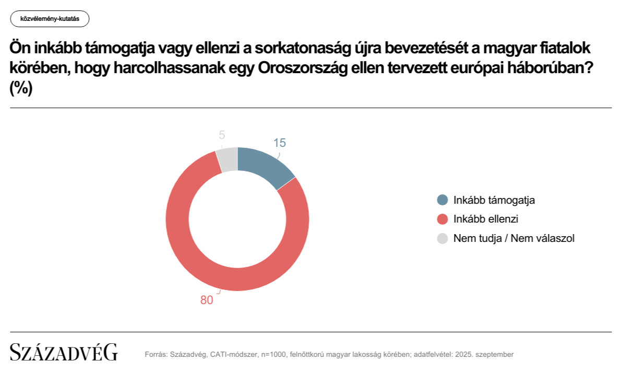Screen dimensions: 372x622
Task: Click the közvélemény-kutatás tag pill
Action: [50, 19]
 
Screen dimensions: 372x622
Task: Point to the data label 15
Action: [280, 143]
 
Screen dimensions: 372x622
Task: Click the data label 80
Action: [207, 300]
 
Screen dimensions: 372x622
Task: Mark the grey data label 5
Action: [222, 135]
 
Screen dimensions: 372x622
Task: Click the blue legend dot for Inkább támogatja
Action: [442, 200]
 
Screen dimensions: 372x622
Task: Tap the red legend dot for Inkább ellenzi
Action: [442, 219]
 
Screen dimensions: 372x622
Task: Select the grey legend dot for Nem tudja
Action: [442, 238]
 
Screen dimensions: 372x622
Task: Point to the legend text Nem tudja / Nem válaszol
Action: [514, 238]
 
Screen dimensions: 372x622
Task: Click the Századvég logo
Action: [64, 353]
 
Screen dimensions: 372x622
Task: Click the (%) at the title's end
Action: [21, 89]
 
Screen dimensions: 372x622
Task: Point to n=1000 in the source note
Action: [273, 355]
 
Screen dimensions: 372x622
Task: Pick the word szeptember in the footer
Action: [494, 355]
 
